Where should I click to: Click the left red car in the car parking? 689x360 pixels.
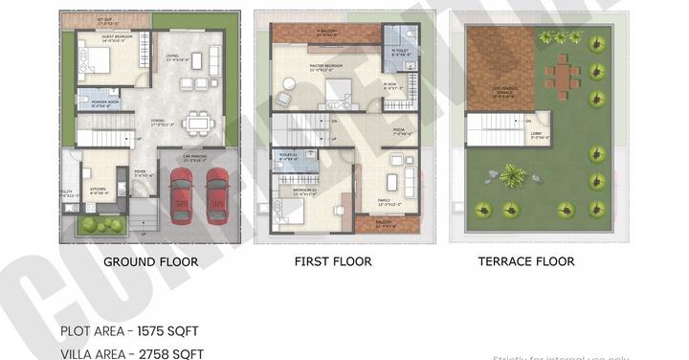(x=180, y=195)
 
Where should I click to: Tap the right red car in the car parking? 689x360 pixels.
(x=218, y=194)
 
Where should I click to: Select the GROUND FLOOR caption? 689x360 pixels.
(x=150, y=261)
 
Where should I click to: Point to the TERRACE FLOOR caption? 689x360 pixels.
(x=526, y=261)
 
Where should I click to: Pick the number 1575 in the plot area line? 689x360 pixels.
(x=158, y=331)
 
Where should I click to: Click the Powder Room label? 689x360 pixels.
(x=105, y=102)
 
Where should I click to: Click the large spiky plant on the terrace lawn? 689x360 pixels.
(x=512, y=174)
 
